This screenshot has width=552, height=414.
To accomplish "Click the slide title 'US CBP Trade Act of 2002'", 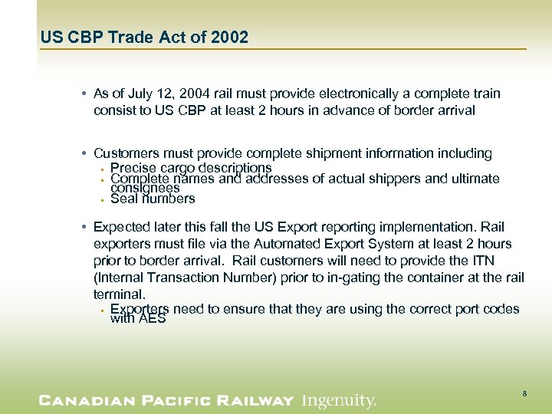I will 144,38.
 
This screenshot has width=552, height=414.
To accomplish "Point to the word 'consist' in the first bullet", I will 113,110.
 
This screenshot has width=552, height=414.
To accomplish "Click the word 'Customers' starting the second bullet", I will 123,153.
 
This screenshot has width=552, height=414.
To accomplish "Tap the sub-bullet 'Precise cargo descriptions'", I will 191,168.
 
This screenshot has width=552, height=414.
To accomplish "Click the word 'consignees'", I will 145,188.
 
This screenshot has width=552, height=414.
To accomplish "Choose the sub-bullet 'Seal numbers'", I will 153,199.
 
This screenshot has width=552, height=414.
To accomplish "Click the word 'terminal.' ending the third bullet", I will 118,294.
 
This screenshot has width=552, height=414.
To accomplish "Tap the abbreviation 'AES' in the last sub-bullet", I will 152,319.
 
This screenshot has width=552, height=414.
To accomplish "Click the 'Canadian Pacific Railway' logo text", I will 166,400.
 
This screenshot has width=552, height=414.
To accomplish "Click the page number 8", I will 524,393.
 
